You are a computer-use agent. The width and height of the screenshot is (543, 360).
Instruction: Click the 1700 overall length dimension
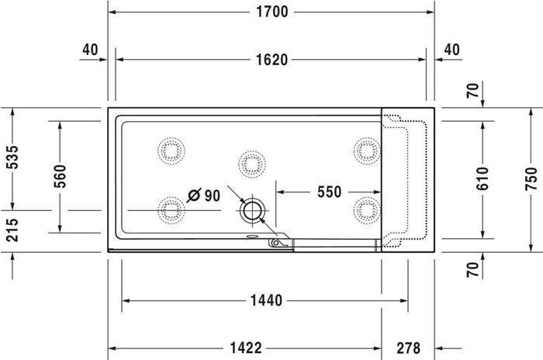pyautogui.click(x=271, y=12)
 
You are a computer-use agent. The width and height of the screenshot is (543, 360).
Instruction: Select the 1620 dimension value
pyautogui.click(x=271, y=60)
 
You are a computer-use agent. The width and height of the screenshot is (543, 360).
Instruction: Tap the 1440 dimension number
pyautogui.click(x=266, y=300)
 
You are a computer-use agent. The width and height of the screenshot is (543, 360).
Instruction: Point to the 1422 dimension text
pyautogui.click(x=246, y=348)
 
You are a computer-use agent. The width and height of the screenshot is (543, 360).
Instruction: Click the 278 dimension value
pyautogui.click(x=408, y=348)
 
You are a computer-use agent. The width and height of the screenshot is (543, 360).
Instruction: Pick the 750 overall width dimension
pyautogui.click(x=531, y=178)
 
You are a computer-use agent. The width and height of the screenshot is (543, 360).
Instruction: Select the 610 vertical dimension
pyautogui.click(x=482, y=178)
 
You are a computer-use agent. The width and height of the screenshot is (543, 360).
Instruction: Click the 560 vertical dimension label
pyautogui.click(x=60, y=176)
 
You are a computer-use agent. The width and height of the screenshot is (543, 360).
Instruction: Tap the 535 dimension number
pyautogui.click(x=12, y=157)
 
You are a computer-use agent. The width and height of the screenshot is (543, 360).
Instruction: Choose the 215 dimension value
pyautogui.click(x=12, y=230)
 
